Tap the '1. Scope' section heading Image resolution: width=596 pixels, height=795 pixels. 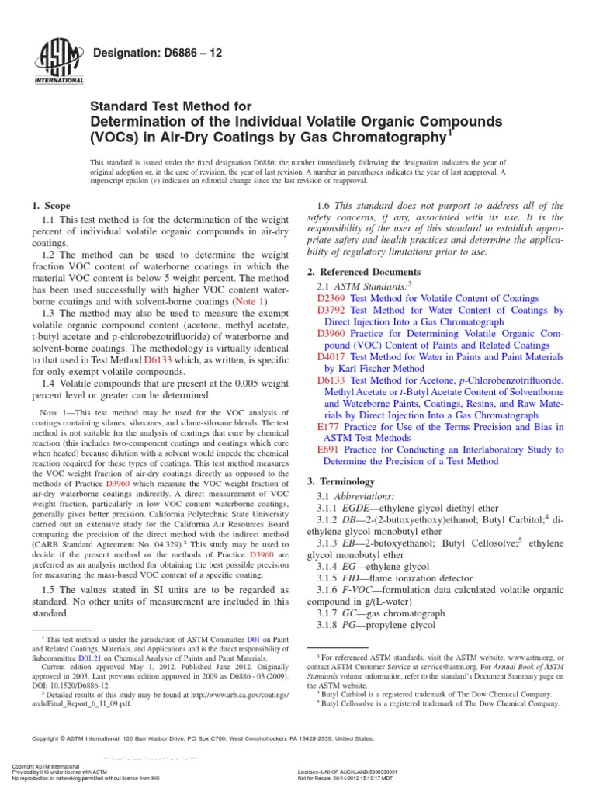point(50,206)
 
